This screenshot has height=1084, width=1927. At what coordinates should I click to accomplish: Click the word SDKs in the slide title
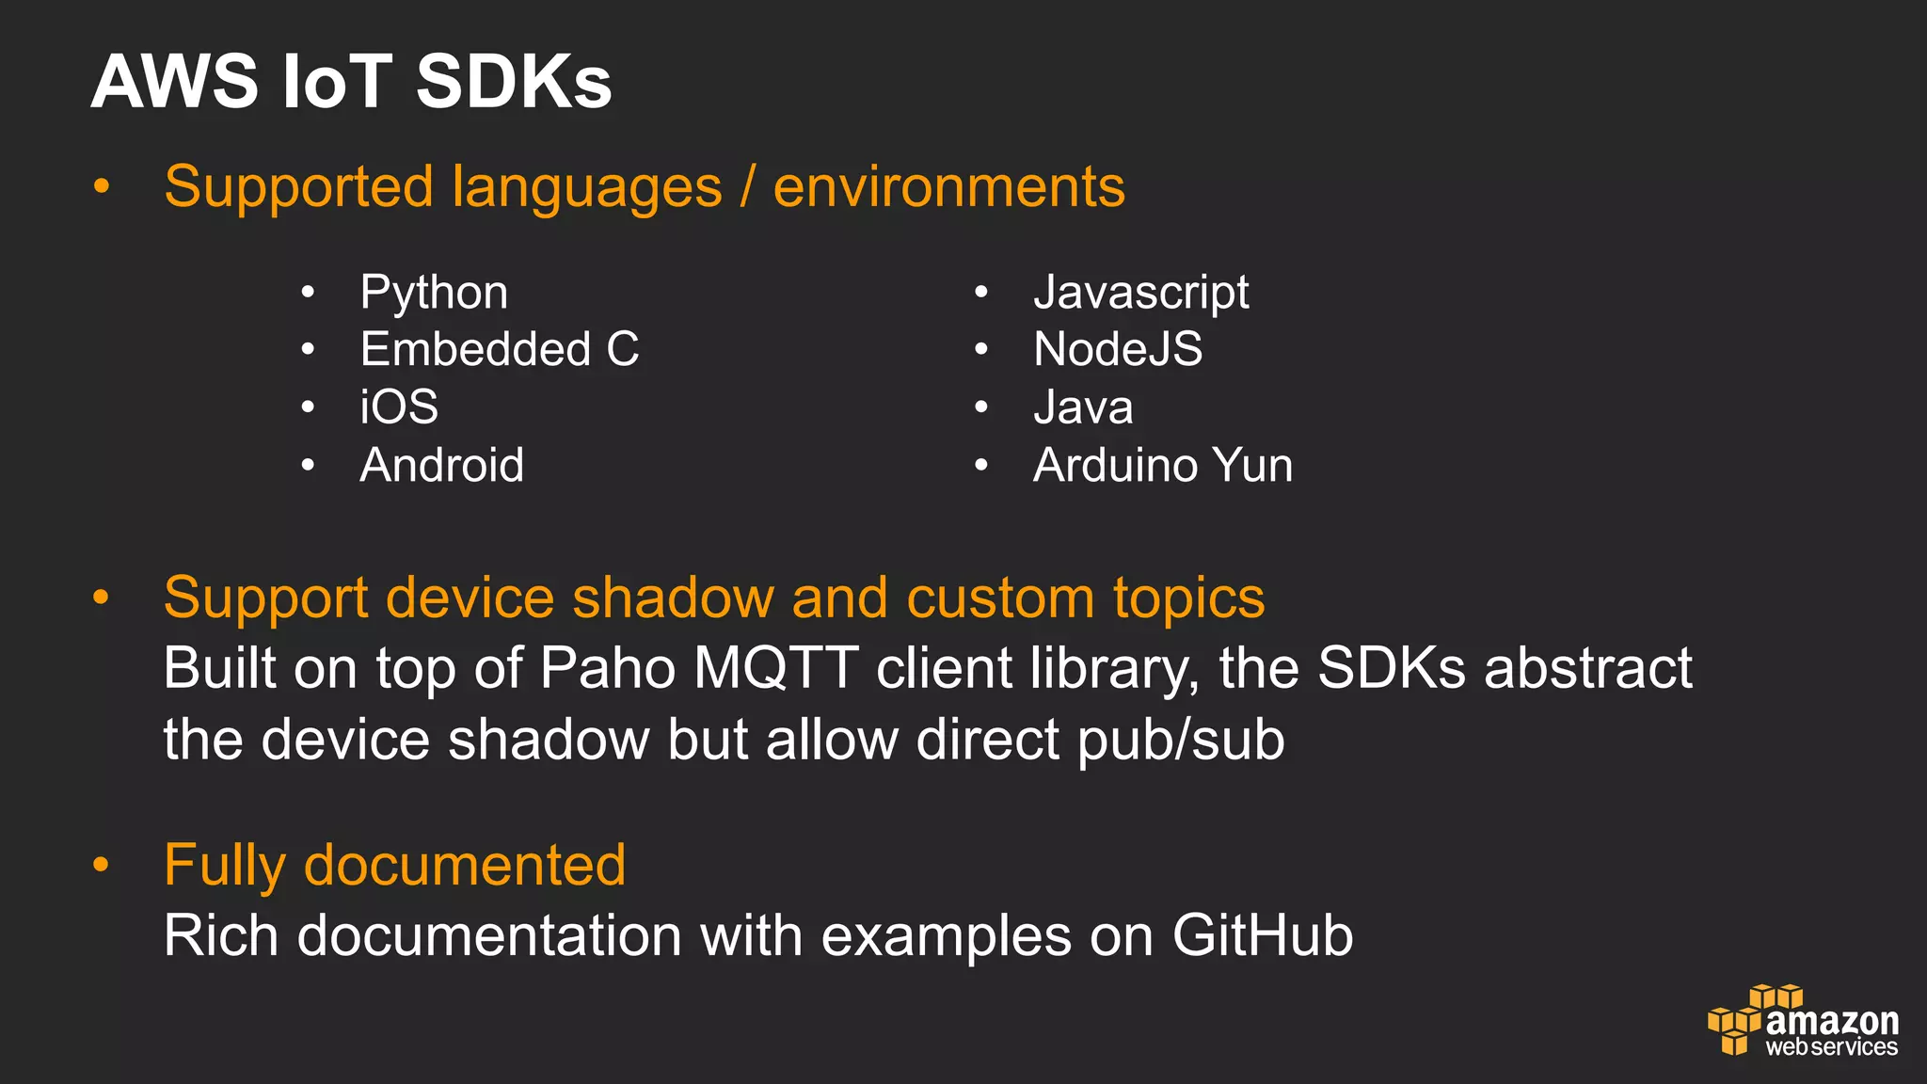(514, 82)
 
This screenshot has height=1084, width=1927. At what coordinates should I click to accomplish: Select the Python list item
(434, 293)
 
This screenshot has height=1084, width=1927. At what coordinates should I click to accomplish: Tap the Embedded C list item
(500, 350)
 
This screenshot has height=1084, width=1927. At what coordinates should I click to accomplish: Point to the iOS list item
(399, 407)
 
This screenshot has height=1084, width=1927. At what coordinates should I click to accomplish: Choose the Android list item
(441, 465)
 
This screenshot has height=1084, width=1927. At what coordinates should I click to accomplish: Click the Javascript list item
(1140, 293)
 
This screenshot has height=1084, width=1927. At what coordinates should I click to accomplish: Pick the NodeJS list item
(1118, 350)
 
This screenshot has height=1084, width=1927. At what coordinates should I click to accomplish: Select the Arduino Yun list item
(1163, 465)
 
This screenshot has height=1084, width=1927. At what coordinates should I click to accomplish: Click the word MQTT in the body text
(775, 668)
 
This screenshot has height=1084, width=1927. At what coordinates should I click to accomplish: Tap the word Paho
(608, 668)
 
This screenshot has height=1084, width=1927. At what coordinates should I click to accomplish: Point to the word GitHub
(1263, 936)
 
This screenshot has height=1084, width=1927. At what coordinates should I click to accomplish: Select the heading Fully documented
(394, 865)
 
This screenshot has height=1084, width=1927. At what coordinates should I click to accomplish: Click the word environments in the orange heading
(948, 186)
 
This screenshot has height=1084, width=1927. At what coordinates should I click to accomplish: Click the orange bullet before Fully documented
(102, 864)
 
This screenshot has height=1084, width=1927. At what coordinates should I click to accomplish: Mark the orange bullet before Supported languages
(102, 185)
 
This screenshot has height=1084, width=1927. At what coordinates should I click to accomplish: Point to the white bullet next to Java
(981, 407)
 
